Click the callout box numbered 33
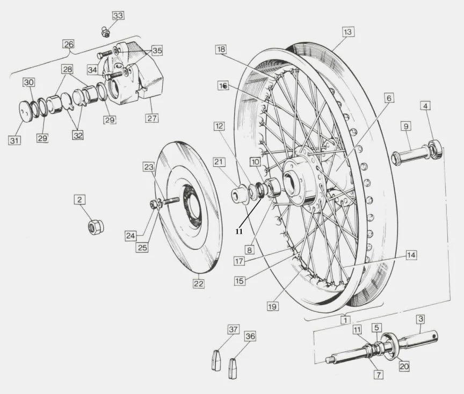(x=118, y=16)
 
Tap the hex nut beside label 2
(x=96, y=226)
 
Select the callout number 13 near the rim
(x=348, y=32)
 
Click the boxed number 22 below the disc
(x=199, y=284)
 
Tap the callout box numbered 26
(x=69, y=44)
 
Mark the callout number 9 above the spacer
(x=407, y=127)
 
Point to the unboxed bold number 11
(x=240, y=231)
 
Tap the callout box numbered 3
(x=421, y=319)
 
